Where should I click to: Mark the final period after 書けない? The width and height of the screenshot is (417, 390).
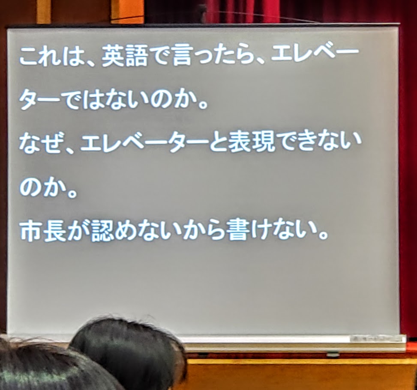point(323,235)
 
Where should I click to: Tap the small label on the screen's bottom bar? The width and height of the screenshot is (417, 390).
point(376,339)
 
